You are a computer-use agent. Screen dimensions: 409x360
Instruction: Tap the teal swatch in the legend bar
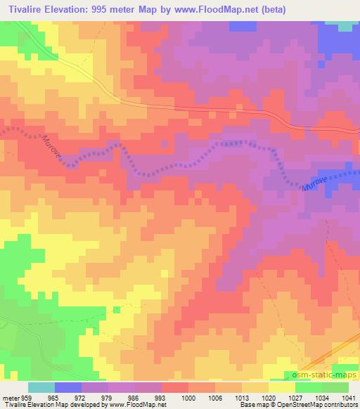[x=41, y=387]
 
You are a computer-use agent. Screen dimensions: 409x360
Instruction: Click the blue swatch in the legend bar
[x=68, y=387]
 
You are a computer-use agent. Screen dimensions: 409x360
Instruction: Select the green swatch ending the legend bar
[x=335, y=387]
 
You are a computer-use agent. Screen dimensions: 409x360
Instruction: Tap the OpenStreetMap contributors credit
[x=317, y=405]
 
